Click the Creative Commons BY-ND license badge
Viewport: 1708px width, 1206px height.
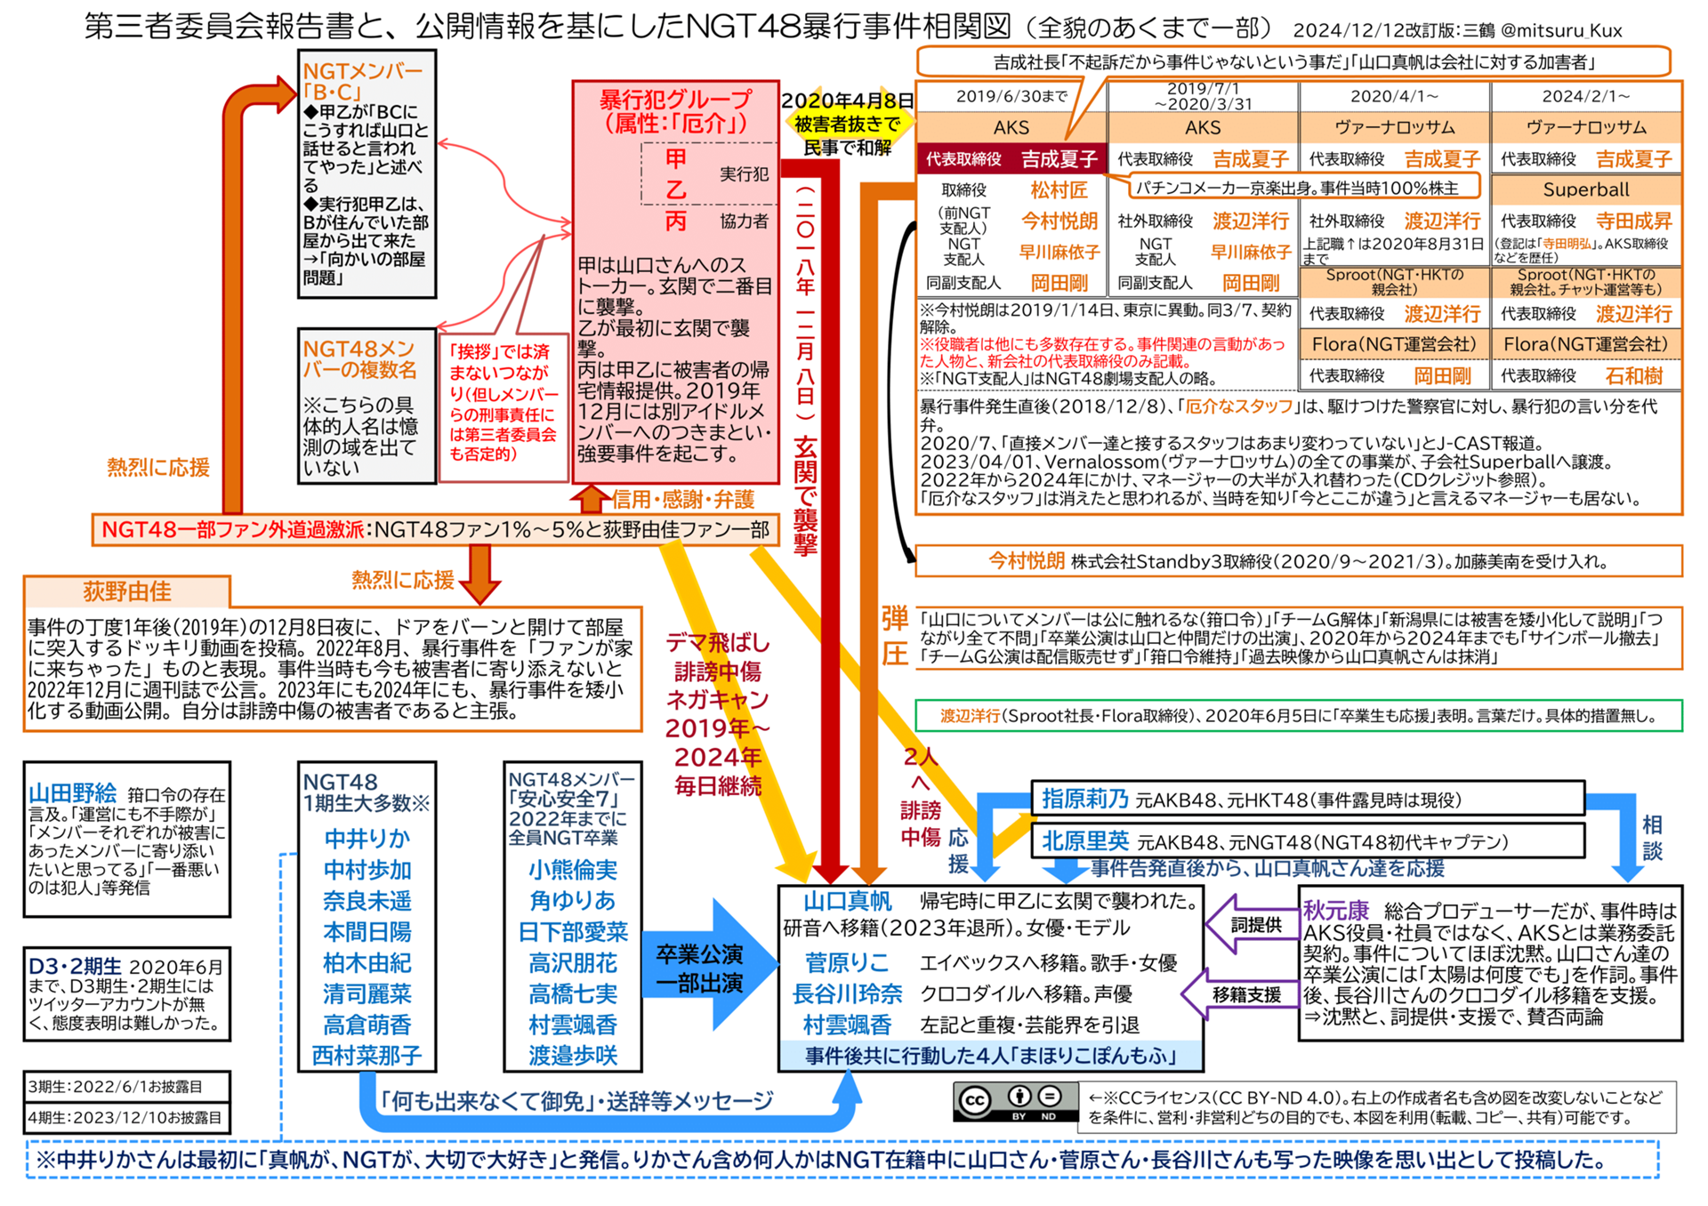point(1011,1102)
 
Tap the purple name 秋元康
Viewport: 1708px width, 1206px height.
point(1335,910)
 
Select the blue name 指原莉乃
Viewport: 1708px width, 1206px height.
point(1084,799)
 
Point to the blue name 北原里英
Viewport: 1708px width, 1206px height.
point(1084,840)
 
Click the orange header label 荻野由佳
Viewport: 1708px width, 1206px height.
point(127,591)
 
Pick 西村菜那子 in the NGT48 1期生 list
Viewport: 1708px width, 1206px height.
point(367,1056)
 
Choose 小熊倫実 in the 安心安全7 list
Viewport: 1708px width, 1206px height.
point(572,869)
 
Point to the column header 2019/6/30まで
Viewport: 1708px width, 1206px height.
point(1011,96)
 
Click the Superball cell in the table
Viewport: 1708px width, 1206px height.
point(1585,189)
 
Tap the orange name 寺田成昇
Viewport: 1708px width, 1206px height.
point(1633,221)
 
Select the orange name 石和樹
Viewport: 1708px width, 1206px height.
point(1633,375)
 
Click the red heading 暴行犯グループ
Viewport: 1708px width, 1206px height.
point(675,99)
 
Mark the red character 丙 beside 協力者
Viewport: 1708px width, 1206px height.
point(676,221)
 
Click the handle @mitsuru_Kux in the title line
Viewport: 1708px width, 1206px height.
point(1561,30)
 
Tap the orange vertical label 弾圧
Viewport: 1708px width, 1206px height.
point(894,637)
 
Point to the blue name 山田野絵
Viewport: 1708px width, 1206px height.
point(73,793)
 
